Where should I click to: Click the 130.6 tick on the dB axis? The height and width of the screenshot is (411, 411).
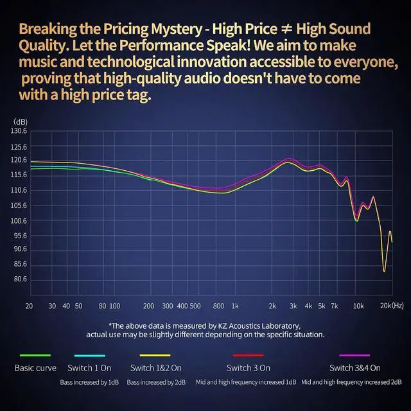click(x=19, y=131)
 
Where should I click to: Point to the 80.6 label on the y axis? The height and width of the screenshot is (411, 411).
click(x=20, y=279)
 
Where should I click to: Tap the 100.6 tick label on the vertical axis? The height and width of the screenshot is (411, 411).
click(x=19, y=221)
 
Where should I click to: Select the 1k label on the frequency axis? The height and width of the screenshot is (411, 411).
click(x=235, y=306)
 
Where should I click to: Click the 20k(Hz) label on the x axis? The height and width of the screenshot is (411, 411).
click(x=392, y=306)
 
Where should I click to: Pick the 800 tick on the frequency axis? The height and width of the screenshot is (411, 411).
click(x=218, y=306)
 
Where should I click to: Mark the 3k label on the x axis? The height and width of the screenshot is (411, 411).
click(x=293, y=306)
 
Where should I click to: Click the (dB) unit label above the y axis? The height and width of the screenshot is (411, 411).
click(x=21, y=122)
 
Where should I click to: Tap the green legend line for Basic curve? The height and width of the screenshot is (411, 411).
click(x=35, y=355)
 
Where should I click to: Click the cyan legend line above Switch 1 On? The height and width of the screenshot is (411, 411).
click(x=90, y=356)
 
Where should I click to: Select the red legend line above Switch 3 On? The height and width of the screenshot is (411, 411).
click(x=248, y=355)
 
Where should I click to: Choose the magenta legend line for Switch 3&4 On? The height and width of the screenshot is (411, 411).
click(x=354, y=355)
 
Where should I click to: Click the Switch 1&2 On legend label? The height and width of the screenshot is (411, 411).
click(x=156, y=368)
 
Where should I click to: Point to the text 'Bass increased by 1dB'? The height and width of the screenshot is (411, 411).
click(x=89, y=383)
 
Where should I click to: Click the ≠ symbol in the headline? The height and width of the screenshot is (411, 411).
click(x=287, y=29)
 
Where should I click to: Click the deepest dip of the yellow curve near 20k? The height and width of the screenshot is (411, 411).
click(x=384, y=271)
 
